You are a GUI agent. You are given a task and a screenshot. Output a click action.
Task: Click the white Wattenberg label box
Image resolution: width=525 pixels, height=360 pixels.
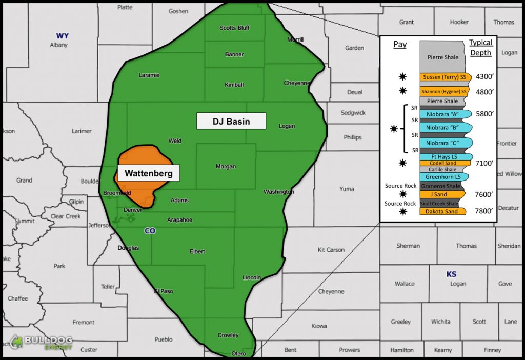pos(149,173)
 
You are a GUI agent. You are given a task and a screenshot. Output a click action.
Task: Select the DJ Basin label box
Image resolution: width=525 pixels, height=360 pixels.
pos(231,121)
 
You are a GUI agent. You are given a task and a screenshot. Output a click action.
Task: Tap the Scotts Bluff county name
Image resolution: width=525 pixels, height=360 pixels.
pos(234,28)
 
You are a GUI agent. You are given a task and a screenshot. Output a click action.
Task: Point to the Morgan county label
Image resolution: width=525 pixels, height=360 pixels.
pos(226,167)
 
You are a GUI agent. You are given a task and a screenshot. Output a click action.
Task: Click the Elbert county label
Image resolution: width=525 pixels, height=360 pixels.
pos(197,252)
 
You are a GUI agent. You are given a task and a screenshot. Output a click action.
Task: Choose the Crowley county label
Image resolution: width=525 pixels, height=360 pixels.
pos(228,335)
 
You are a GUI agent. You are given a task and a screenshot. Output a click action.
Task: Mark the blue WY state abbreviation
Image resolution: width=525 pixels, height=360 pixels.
pos(63,36)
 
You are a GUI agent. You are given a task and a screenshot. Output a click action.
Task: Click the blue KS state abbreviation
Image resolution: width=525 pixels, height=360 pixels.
pos(451,274)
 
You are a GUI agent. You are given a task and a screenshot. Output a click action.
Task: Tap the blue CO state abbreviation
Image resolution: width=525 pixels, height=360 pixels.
pos(150,231)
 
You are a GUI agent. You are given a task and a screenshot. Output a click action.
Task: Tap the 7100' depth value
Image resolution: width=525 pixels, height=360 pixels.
pos(484,164)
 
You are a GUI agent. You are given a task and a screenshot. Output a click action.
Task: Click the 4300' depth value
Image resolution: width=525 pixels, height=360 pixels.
pos(484,76)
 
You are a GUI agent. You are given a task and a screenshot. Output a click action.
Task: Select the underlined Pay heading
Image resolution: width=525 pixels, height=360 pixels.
pos(400,45)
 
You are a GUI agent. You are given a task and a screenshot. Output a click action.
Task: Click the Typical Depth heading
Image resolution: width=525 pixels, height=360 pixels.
pos(481,48)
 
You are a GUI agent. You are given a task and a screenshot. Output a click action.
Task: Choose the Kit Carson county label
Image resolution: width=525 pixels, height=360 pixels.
pos(331,250)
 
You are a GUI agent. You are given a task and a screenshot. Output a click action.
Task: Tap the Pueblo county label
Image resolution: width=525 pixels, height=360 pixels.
pos(164,339)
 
